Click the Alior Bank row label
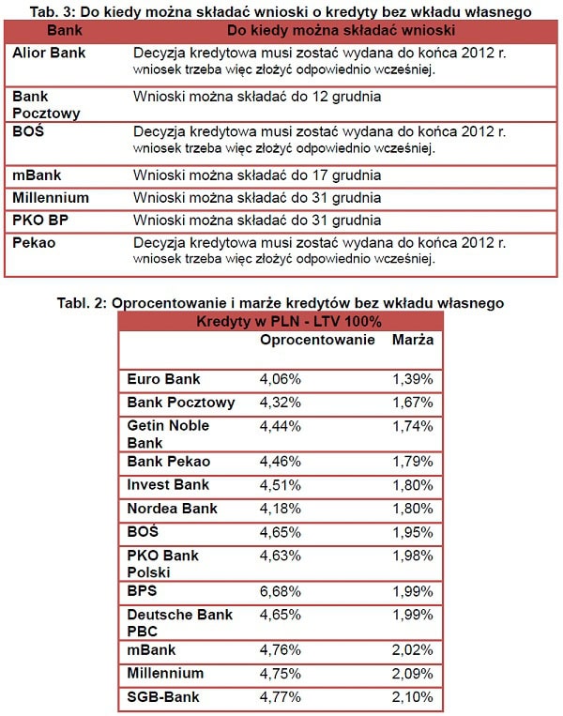[49, 53]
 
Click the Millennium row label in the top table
[51, 197]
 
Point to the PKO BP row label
[41, 220]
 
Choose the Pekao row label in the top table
[34, 242]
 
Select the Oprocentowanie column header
[317, 339]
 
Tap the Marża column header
[413, 339]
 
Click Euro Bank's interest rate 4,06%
[280, 379]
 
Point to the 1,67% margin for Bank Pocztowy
[413, 402]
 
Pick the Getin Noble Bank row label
[168, 434]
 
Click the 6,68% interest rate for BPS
[280, 590]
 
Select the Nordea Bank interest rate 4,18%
[280, 509]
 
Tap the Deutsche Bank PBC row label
[179, 622]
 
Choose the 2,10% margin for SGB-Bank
[413, 697]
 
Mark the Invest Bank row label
[168, 485]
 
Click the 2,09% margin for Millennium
[413, 673]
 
